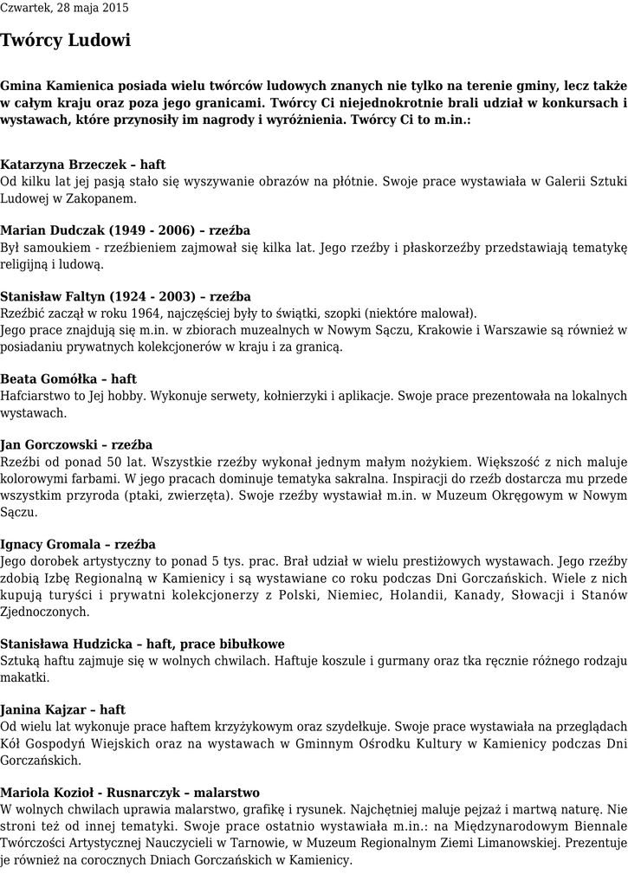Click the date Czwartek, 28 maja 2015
click(64, 8)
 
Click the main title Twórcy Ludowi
click(66, 41)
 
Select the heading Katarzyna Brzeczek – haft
click(83, 165)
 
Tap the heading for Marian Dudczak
click(126, 230)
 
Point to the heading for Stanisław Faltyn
click(126, 297)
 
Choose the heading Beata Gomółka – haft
click(68, 379)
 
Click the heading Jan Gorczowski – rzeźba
click(76, 445)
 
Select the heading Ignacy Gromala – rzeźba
click(78, 545)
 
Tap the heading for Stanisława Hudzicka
click(142, 644)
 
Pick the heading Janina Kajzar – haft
click(63, 710)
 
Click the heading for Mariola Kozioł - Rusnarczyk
click(130, 793)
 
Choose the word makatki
click(24, 677)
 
